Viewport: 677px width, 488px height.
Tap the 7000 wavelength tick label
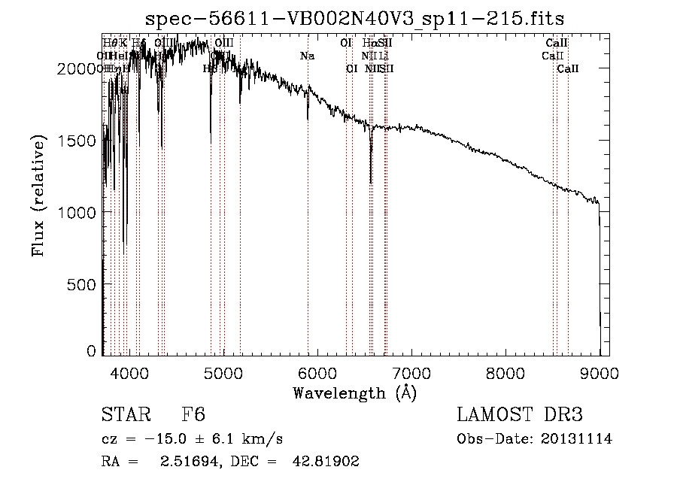(x=411, y=372)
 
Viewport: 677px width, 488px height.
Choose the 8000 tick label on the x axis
(x=505, y=372)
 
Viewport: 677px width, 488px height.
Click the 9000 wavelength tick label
(x=600, y=372)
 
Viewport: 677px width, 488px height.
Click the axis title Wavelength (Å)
(x=354, y=393)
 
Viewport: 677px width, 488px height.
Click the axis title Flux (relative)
(x=39, y=196)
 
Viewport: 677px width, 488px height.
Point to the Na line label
(x=307, y=56)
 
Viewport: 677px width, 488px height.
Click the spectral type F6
(x=193, y=416)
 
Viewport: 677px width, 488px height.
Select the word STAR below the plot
(x=125, y=416)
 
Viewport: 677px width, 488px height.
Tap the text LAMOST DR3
(x=520, y=416)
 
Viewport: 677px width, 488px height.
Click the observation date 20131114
(x=579, y=439)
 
